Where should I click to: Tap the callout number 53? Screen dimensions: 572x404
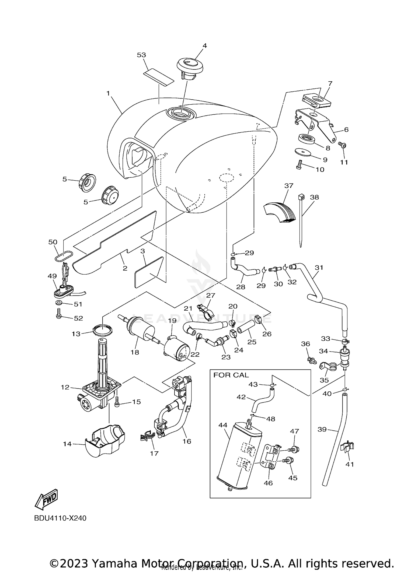click(141, 55)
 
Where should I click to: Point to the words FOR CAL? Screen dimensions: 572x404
click(231, 375)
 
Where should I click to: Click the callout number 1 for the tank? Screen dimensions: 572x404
click(108, 93)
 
